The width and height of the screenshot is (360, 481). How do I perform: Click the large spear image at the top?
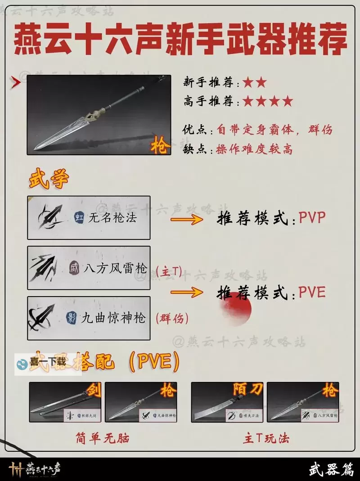[99, 115]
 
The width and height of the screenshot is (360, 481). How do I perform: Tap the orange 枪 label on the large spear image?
[159, 145]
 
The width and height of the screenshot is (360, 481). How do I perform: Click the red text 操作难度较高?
[254, 148]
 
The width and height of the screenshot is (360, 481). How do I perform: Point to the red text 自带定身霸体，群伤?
[274, 130]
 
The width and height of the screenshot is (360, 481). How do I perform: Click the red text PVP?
[311, 219]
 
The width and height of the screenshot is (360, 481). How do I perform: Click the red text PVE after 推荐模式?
[311, 293]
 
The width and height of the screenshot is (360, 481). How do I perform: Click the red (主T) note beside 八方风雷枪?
[168, 271]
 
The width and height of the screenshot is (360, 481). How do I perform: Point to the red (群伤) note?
[172, 318]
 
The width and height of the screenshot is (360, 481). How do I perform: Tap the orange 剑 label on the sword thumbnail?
[92, 390]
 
